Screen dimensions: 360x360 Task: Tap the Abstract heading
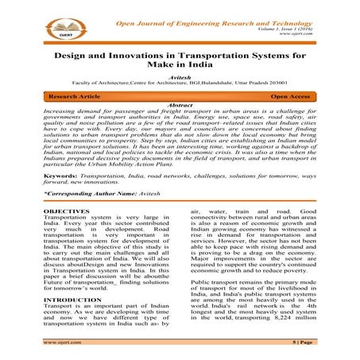(180, 126)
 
